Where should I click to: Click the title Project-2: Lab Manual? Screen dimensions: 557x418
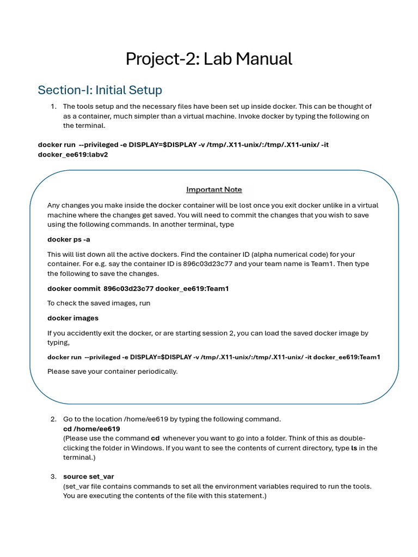tap(209, 59)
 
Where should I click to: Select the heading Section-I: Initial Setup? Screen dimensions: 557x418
tap(100, 90)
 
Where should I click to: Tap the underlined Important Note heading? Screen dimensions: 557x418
tap(214, 189)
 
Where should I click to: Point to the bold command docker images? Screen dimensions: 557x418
tap(73, 318)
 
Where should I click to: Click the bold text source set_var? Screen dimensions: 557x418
tap(88, 476)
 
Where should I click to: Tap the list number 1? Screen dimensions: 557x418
tap(53, 107)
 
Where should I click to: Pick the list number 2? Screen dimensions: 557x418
tap(53, 419)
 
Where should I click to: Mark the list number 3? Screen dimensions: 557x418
tap(53, 476)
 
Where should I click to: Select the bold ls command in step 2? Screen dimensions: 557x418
tap(354, 448)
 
